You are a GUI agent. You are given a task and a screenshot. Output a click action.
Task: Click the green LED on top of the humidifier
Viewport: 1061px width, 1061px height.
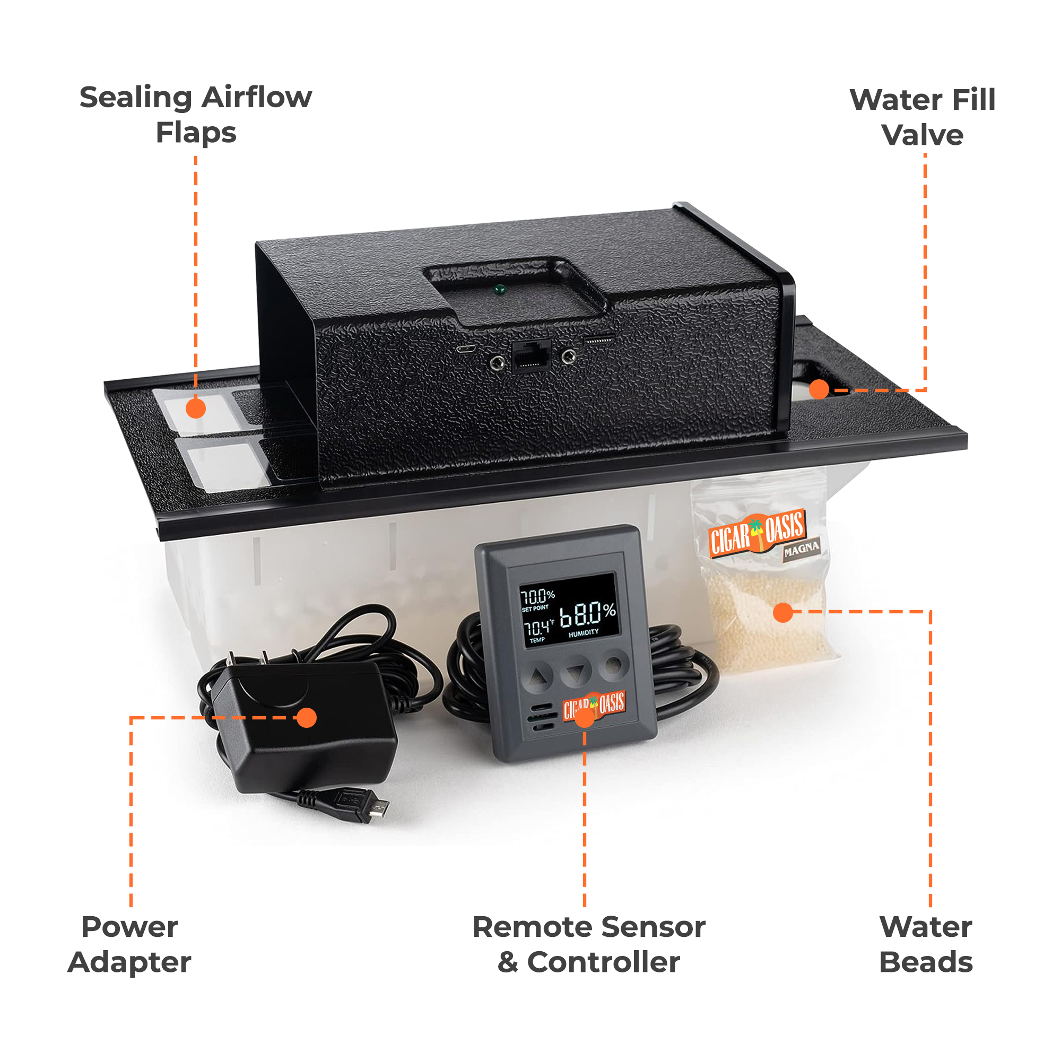click(x=499, y=290)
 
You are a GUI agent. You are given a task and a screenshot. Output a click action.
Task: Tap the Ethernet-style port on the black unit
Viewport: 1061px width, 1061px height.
click(x=531, y=356)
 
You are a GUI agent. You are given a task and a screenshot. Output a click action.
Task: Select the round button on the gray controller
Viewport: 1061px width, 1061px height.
click(x=613, y=666)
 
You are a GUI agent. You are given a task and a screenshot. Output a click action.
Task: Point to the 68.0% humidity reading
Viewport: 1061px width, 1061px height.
click(x=587, y=614)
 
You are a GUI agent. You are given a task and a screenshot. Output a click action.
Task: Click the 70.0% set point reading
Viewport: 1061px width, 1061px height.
click(x=537, y=596)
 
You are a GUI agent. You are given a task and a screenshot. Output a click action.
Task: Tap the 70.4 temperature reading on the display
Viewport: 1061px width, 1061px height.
click(x=537, y=628)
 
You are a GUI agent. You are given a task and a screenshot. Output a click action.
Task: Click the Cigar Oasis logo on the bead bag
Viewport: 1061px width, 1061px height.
click(x=757, y=532)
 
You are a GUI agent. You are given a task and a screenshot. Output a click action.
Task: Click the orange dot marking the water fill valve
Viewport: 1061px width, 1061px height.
click(x=819, y=389)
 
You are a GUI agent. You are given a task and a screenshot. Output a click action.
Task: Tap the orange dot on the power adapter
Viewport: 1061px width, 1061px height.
click(x=307, y=717)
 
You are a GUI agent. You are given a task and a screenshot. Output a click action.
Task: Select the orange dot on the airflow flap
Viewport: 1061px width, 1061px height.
click(x=196, y=408)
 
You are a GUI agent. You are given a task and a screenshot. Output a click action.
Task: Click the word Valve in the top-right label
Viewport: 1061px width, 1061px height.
click(x=923, y=135)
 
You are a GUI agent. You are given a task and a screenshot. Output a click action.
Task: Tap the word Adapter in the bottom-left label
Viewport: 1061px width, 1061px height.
click(x=129, y=962)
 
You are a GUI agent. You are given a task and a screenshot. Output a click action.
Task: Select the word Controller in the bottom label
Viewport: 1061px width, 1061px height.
click(x=603, y=962)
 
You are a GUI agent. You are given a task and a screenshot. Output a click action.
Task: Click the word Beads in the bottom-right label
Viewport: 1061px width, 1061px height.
click(x=926, y=962)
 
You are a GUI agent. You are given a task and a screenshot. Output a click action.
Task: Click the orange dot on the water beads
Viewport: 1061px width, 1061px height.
click(x=782, y=612)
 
